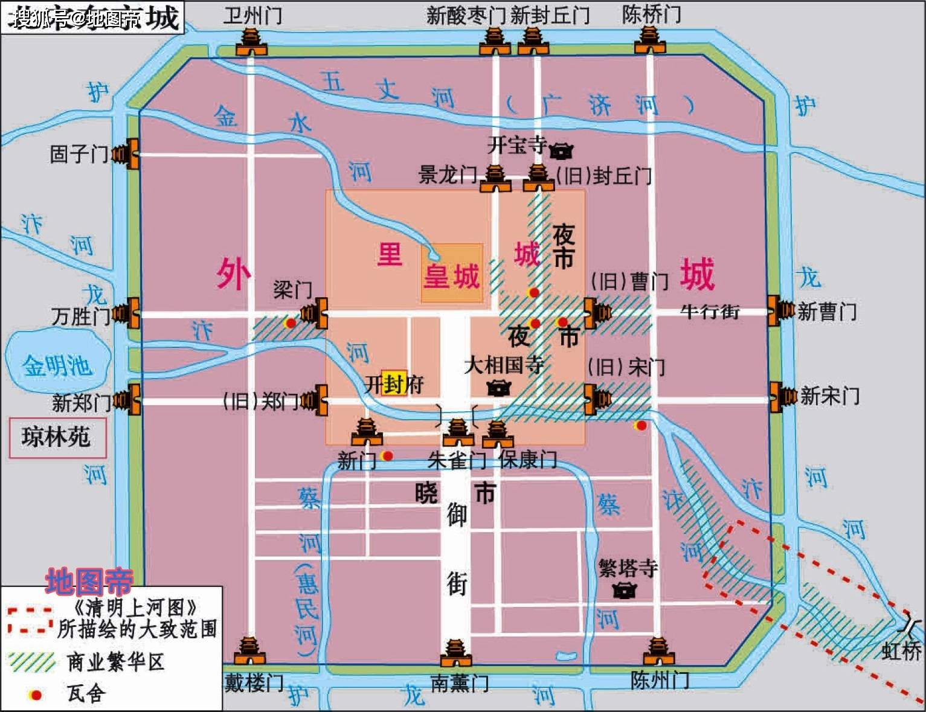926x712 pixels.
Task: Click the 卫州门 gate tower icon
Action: (x=251, y=42)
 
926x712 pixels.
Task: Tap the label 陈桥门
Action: (x=651, y=14)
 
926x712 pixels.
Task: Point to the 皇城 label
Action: (x=451, y=277)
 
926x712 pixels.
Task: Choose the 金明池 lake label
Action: (x=57, y=365)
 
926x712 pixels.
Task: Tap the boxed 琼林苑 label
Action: (x=57, y=437)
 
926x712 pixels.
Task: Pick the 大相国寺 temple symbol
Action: (x=498, y=387)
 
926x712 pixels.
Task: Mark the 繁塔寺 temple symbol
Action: (x=623, y=589)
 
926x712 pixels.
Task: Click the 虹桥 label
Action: (x=901, y=651)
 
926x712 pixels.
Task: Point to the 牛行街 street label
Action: (x=710, y=311)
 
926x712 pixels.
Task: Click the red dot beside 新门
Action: (x=388, y=455)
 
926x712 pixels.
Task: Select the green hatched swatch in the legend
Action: (x=32, y=662)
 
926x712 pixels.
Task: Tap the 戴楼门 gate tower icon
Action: (x=249, y=652)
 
